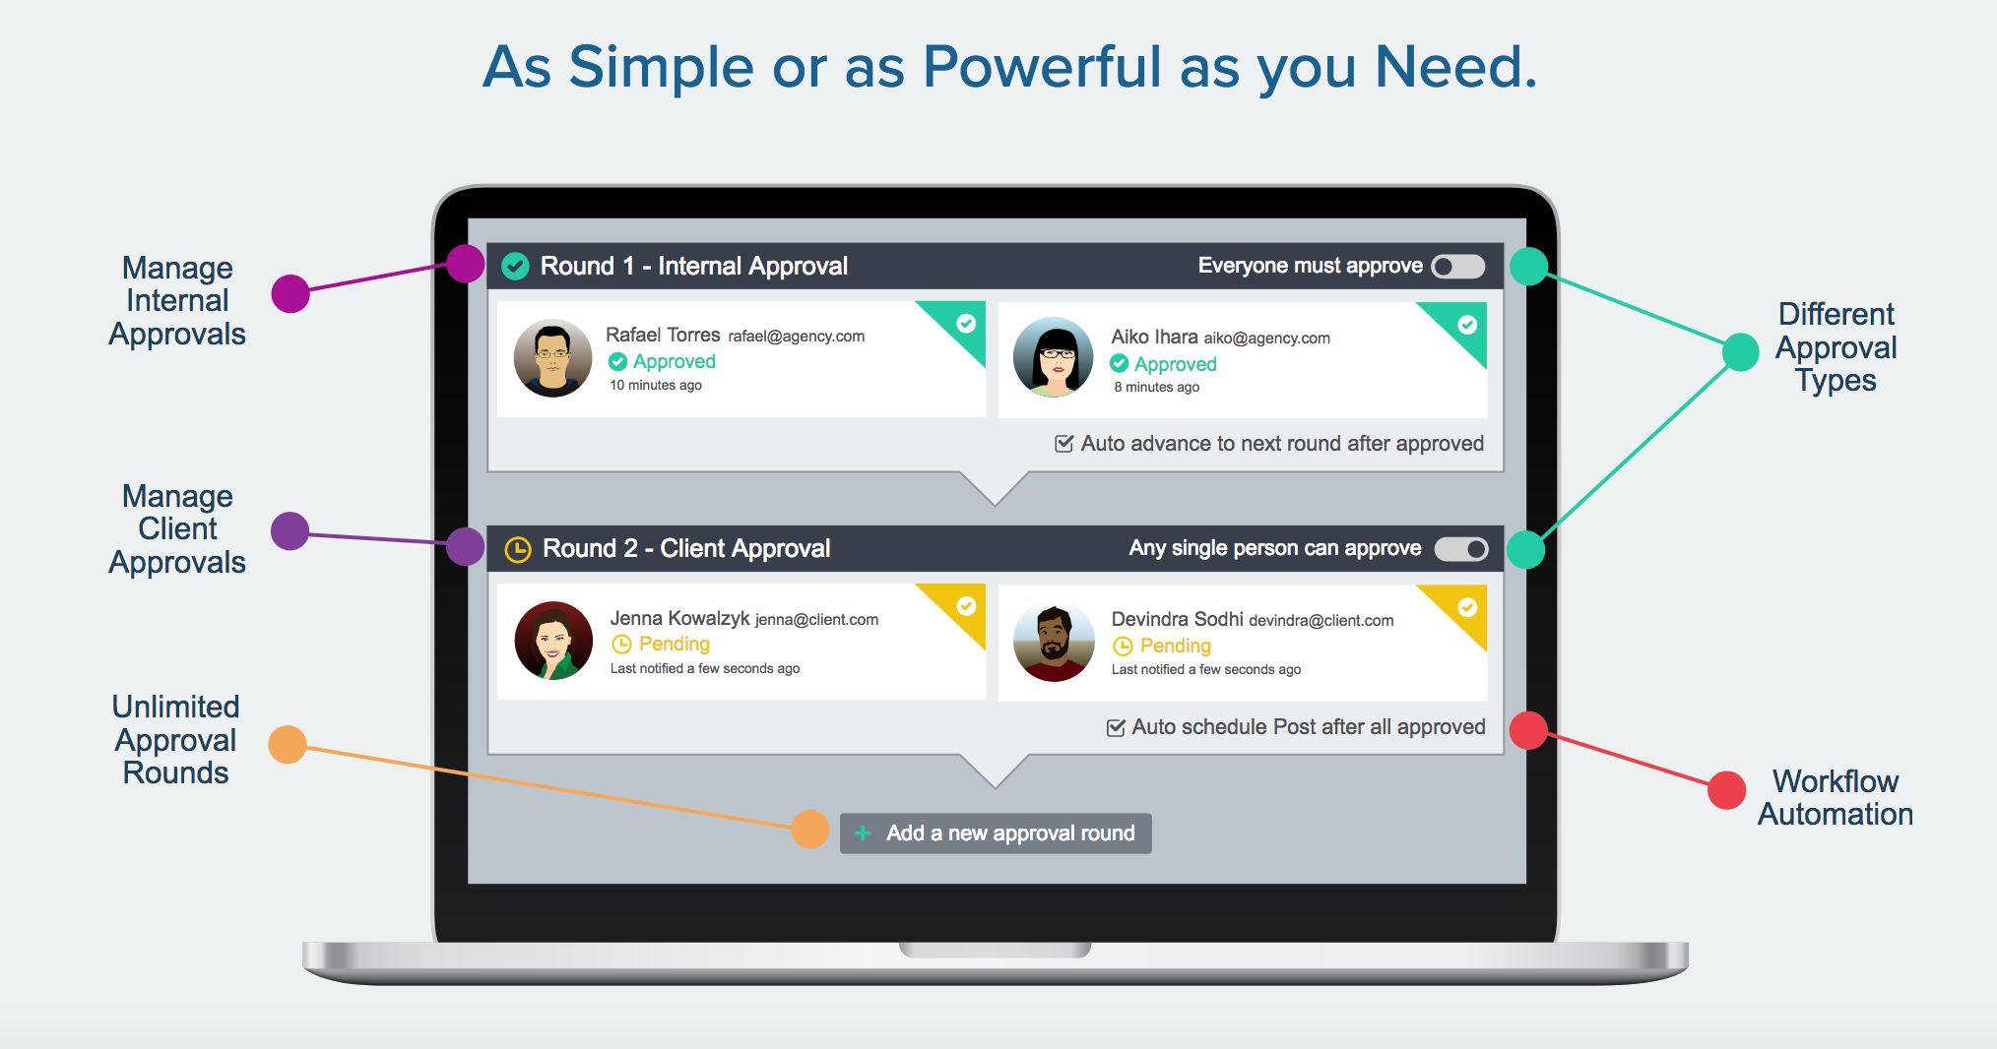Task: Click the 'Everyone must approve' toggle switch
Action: tap(1458, 266)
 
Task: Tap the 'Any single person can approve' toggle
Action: tap(1461, 549)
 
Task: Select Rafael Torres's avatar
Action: tap(553, 358)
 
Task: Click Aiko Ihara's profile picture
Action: tap(1054, 357)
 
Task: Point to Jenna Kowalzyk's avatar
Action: tap(553, 641)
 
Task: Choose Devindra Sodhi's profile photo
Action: tap(1054, 643)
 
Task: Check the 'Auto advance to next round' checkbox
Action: tap(1063, 444)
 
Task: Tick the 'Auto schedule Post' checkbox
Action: tap(1116, 727)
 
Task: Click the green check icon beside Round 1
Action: tap(516, 266)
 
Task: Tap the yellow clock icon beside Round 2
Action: tap(518, 549)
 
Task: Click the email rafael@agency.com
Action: tap(797, 337)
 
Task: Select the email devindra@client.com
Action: tap(1321, 620)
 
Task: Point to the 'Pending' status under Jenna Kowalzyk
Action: tap(662, 645)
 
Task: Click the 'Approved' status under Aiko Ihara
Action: tap(1164, 364)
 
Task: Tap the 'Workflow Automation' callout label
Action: tap(1836, 798)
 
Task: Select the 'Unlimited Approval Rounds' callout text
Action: tap(176, 740)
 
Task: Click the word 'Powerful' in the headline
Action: tap(1043, 67)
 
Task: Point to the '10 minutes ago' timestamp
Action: tap(656, 385)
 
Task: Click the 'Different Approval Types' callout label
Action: tap(1836, 347)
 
